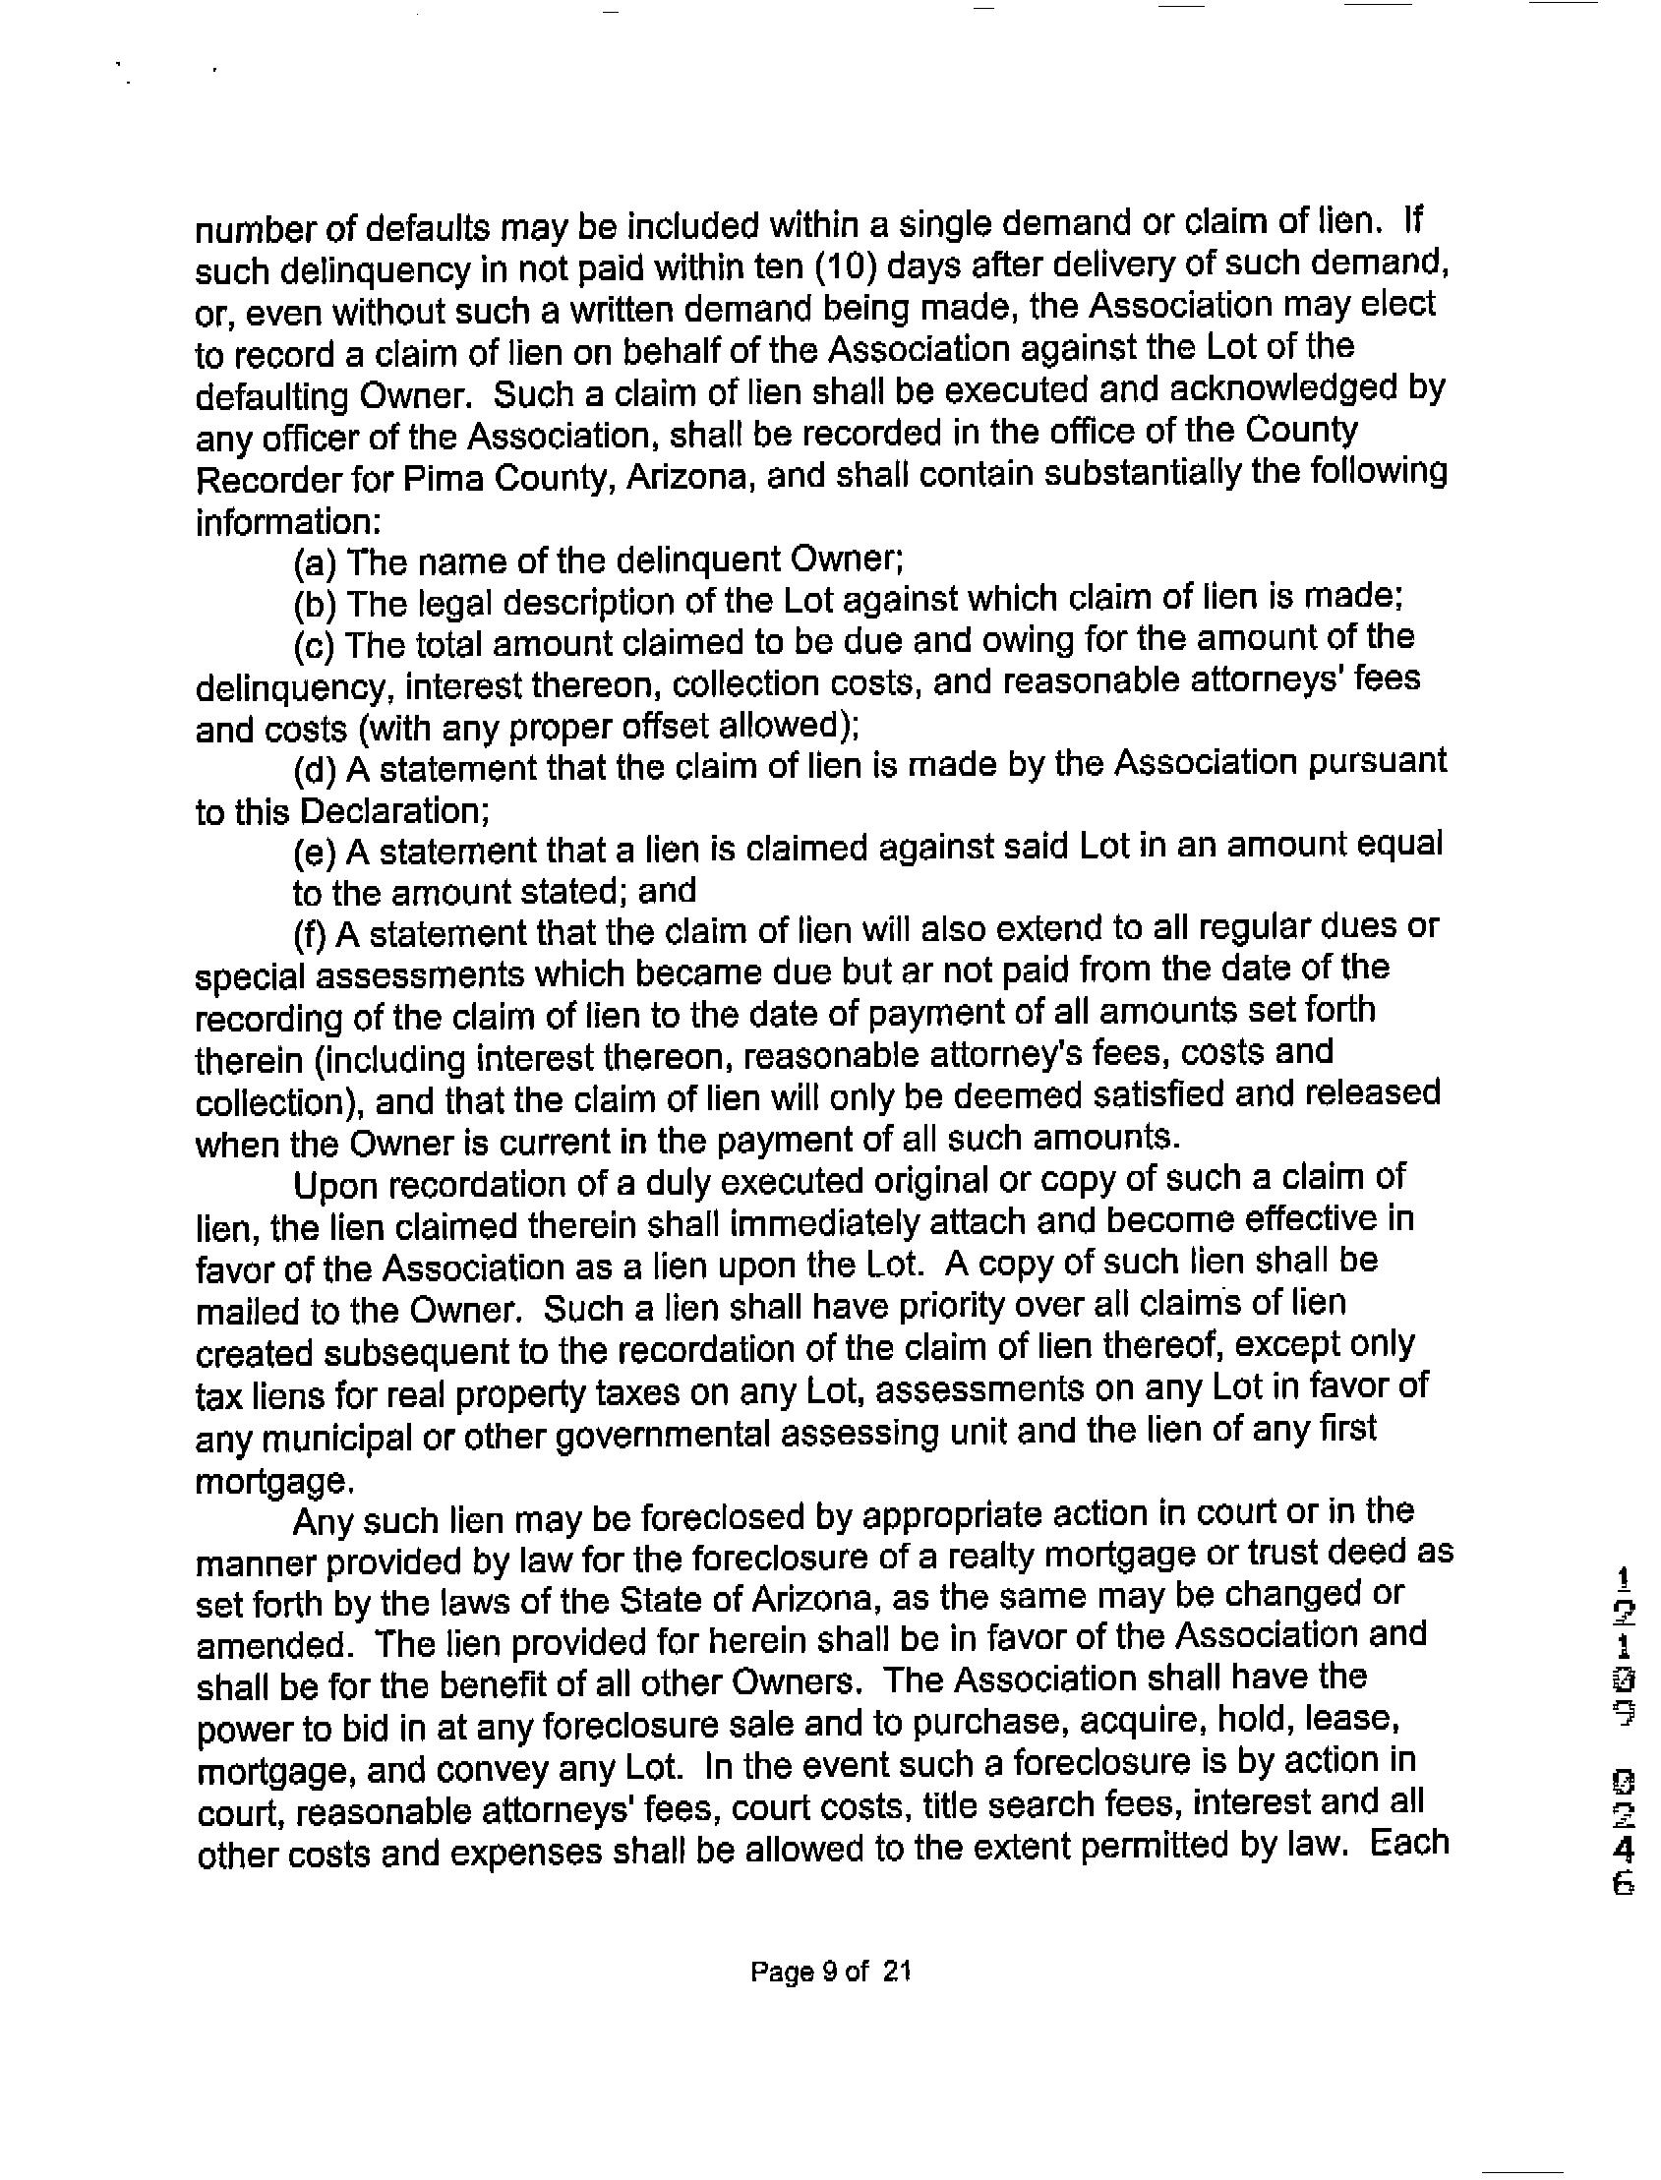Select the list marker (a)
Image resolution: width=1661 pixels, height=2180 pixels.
click(x=316, y=563)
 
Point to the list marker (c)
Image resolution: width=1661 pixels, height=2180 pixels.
click(x=316, y=646)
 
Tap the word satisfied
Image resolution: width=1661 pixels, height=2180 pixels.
click(x=1105, y=1095)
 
